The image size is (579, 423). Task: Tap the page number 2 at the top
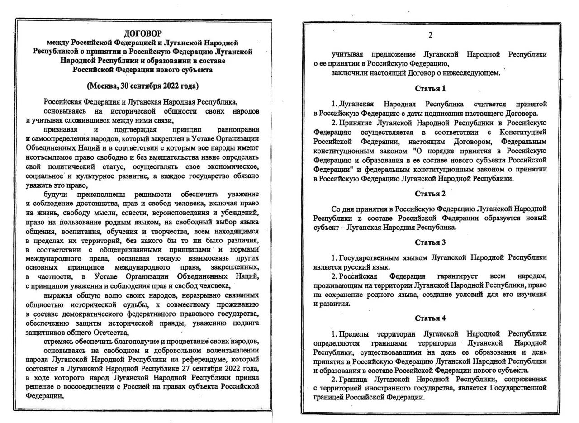(x=430, y=35)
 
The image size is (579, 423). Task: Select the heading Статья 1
(x=430, y=88)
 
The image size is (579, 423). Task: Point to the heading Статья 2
(x=430, y=194)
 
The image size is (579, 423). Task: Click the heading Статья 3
(x=430, y=242)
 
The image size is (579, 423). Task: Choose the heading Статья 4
(x=430, y=318)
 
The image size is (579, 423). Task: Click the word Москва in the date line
(x=104, y=86)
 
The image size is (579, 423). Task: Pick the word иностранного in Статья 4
(x=398, y=388)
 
